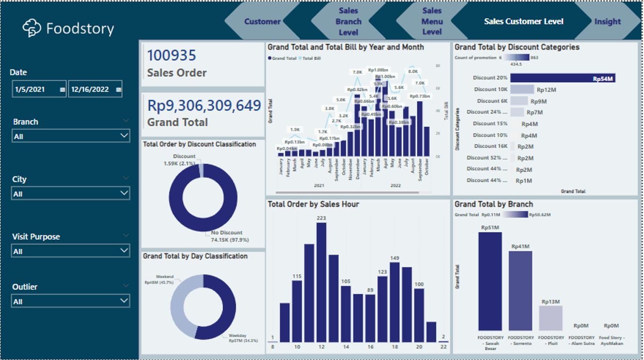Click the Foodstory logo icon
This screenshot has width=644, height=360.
pyautogui.click(x=32, y=28)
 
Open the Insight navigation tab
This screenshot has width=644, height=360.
pyautogui.click(x=607, y=22)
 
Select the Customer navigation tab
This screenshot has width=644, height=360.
pyautogui.click(x=262, y=22)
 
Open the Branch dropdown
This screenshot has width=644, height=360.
pyautogui.click(x=71, y=136)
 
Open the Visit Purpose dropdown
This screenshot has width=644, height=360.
pyautogui.click(x=71, y=251)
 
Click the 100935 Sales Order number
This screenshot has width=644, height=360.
pyautogui.click(x=171, y=56)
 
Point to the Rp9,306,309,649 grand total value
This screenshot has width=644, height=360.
pyautogui.click(x=204, y=105)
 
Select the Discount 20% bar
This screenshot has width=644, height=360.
pyautogui.click(x=563, y=78)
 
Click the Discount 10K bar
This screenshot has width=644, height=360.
pyautogui.click(x=522, y=89)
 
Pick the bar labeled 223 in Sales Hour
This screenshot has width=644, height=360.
pyautogui.click(x=322, y=282)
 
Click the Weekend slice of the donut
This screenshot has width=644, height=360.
pyautogui.click(x=181, y=306)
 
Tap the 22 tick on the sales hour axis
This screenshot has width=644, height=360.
pyautogui.click(x=443, y=347)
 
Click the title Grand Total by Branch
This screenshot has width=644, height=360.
pyautogui.click(x=493, y=204)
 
